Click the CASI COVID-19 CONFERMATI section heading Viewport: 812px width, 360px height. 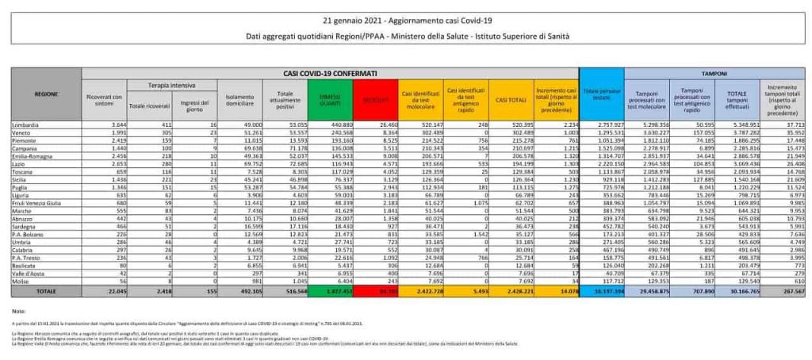pos(331,72)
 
